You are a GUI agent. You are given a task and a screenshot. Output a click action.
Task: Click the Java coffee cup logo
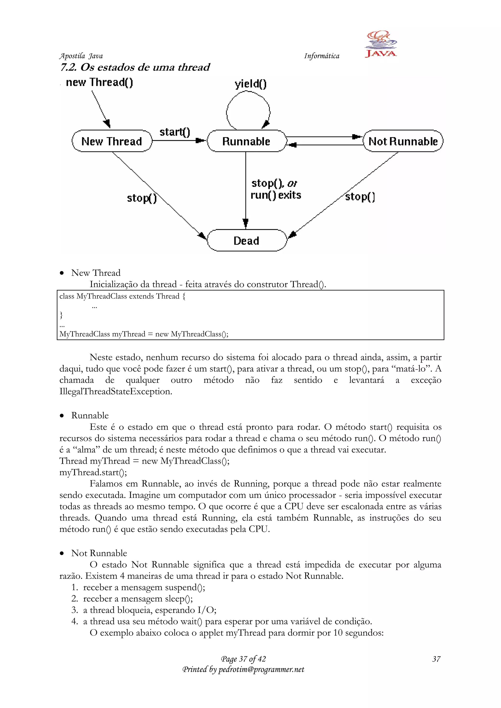pyautogui.click(x=381, y=44)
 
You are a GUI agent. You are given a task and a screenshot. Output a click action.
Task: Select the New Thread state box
pyautogui.click(x=112, y=141)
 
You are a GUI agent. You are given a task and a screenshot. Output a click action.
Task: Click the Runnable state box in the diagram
pyautogui.click(x=246, y=141)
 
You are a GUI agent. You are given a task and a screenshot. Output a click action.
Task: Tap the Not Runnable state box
pyautogui.click(x=403, y=141)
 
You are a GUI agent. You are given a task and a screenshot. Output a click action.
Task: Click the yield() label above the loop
pyautogui.click(x=250, y=84)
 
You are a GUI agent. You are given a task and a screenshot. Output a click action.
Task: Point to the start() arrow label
pyautogui.click(x=175, y=132)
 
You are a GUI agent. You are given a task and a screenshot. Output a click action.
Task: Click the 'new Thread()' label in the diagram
pyautogui.click(x=99, y=82)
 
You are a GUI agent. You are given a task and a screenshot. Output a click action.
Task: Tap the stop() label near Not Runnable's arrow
pyautogui.click(x=360, y=196)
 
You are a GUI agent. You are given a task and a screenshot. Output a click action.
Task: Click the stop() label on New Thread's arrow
pyautogui.click(x=142, y=198)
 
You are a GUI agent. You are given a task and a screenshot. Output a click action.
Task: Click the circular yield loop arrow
pyautogui.click(x=248, y=110)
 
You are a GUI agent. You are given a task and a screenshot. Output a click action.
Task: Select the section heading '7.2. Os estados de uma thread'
pyautogui.click(x=135, y=67)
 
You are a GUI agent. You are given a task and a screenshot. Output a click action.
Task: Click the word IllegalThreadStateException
pyautogui.click(x=115, y=391)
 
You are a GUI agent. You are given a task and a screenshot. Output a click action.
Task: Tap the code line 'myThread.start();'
pyautogui.click(x=93, y=472)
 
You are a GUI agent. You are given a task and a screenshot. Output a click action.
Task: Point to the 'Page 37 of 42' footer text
pyautogui.click(x=243, y=659)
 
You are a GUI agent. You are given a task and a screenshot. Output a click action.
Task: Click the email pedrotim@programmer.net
pyautogui.click(x=261, y=669)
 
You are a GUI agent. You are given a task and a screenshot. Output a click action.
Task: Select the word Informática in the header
pyautogui.click(x=321, y=56)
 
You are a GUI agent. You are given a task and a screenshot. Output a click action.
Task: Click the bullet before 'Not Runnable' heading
pyautogui.click(x=62, y=553)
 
